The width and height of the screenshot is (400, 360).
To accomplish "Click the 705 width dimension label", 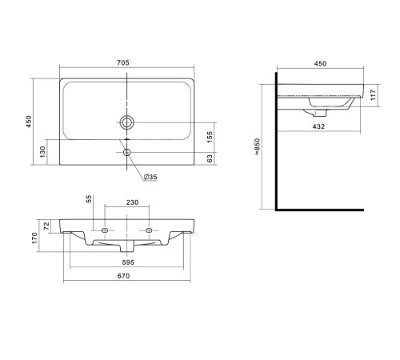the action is [x=123, y=62].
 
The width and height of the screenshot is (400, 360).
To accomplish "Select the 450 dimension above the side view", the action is [x=320, y=64].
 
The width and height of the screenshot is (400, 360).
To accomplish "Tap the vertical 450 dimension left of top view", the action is [x=29, y=122].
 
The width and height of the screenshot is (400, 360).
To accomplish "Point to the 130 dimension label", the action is [x=42, y=152].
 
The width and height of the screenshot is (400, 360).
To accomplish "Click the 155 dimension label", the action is [x=210, y=137].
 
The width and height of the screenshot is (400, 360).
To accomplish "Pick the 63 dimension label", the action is [x=210, y=158].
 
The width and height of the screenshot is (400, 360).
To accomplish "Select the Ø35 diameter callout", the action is [x=150, y=177].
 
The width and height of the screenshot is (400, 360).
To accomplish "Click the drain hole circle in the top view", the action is [x=126, y=122].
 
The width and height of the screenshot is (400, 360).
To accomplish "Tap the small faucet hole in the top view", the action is [x=126, y=152].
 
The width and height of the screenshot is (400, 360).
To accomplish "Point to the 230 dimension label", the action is [x=132, y=202].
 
